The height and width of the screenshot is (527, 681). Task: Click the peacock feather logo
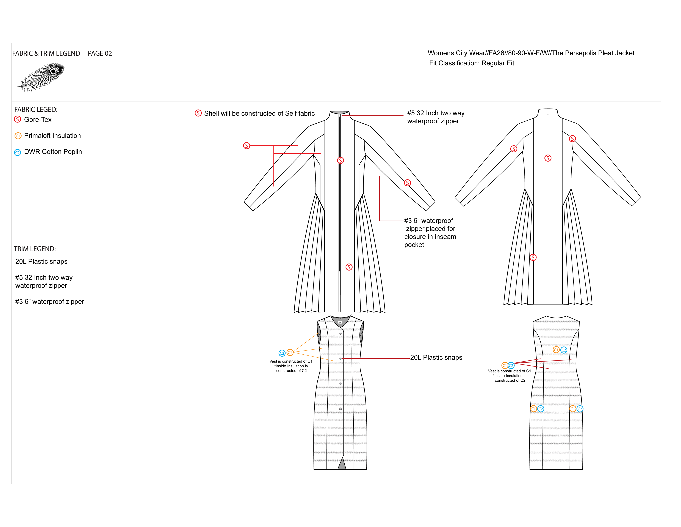click(x=41, y=77)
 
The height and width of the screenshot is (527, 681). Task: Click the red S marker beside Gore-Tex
click(x=18, y=119)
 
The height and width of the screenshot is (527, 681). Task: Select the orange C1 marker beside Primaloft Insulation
click(x=18, y=136)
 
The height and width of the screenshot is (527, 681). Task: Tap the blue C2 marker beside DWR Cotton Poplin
click(x=18, y=152)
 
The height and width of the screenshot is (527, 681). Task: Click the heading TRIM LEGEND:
click(x=35, y=249)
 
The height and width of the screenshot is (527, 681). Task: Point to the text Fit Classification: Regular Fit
click(x=471, y=63)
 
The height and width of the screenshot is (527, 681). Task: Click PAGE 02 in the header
click(x=100, y=53)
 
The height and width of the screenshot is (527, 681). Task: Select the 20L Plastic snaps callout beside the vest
click(x=436, y=357)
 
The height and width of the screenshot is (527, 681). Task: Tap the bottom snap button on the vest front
click(x=340, y=409)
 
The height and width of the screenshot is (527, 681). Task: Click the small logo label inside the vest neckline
click(x=340, y=322)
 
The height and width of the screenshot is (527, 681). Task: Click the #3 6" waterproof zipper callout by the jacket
click(x=430, y=233)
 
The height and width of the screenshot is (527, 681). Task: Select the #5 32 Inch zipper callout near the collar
click(x=436, y=117)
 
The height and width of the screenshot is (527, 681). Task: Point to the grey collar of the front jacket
click(x=340, y=112)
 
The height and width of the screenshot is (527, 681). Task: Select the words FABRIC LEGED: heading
click(x=36, y=110)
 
